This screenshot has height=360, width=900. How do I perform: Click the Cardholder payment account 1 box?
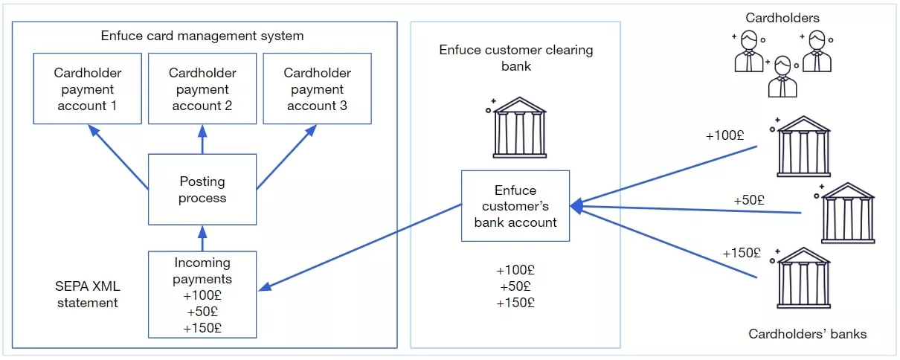[x=88, y=89]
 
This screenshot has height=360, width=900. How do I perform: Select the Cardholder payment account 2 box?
[x=202, y=89]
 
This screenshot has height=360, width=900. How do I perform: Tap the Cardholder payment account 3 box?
[x=317, y=89]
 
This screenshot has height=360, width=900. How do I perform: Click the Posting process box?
[x=202, y=189]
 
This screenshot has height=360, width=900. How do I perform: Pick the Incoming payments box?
[x=202, y=295]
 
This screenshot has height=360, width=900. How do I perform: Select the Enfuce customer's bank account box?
[x=515, y=206]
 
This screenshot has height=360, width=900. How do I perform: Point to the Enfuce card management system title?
[x=202, y=36]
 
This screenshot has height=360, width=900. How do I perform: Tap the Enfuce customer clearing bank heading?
[x=515, y=57]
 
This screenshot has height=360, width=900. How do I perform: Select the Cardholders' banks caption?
[x=807, y=334]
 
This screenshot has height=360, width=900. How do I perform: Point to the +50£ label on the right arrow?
[x=749, y=200]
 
